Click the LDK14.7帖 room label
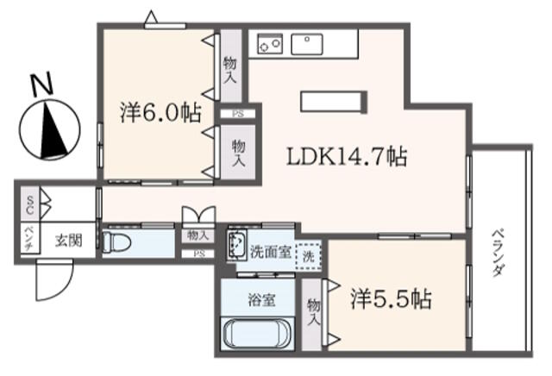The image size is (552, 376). click(x=347, y=157)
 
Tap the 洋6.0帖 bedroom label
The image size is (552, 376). click(x=161, y=113)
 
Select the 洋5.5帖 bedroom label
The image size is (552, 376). click(x=391, y=299)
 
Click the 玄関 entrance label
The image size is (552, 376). click(x=69, y=241)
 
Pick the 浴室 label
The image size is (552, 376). click(x=261, y=300)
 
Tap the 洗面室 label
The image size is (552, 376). click(x=270, y=252)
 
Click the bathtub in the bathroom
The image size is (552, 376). click(x=257, y=334)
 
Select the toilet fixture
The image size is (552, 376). click(x=116, y=242)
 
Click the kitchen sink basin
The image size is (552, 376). click(x=307, y=44)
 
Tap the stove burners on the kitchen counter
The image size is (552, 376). click(x=270, y=44)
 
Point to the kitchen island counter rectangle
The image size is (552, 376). click(x=334, y=102)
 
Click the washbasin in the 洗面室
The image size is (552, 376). click(x=236, y=245)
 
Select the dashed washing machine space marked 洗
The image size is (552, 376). click(x=309, y=256)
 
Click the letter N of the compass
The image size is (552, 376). click(x=42, y=85)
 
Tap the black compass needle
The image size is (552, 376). click(x=52, y=130)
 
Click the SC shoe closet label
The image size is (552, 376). click(x=30, y=205)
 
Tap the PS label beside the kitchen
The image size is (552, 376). click(x=238, y=114)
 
